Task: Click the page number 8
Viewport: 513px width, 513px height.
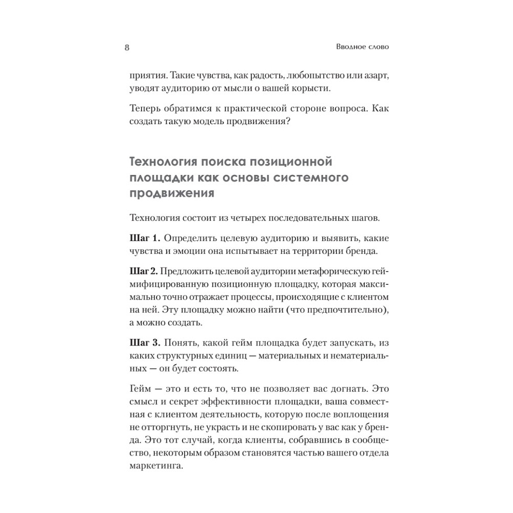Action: point(127,48)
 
